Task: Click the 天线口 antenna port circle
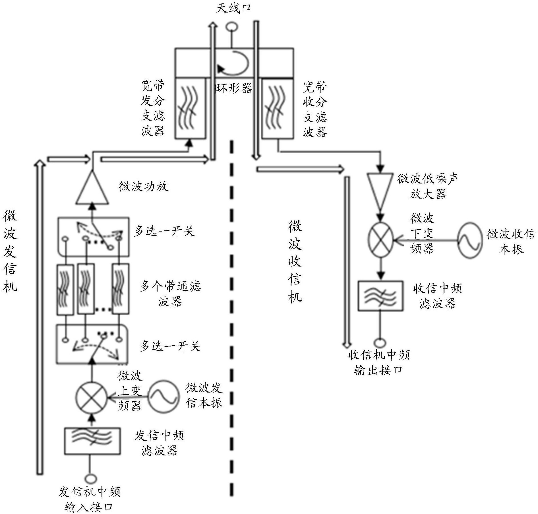point(232,27)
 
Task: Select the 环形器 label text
point(234,88)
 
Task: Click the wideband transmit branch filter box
point(190,108)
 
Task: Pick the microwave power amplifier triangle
point(92,189)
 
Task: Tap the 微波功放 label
point(143,186)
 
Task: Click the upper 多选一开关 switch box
point(93,237)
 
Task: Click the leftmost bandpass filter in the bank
point(65,290)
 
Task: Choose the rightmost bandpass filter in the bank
point(120,290)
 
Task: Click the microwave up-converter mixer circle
point(91,398)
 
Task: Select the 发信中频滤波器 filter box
point(92,441)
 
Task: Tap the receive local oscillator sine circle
point(470,240)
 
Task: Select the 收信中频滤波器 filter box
point(380,296)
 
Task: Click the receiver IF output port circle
point(380,342)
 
